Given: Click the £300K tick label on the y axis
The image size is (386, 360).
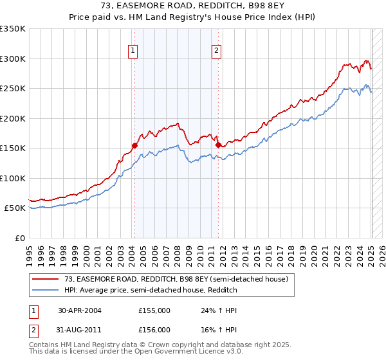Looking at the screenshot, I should pos(13,59).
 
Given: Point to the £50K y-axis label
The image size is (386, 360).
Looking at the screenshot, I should pos(15,208).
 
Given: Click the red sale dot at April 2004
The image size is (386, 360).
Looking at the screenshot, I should pos(135,145).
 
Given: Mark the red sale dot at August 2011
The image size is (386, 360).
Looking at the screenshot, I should pos(218,145).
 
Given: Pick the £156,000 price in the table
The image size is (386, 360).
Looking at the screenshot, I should pos(154,329).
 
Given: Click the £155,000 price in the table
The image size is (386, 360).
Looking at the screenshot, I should pos(154,310).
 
